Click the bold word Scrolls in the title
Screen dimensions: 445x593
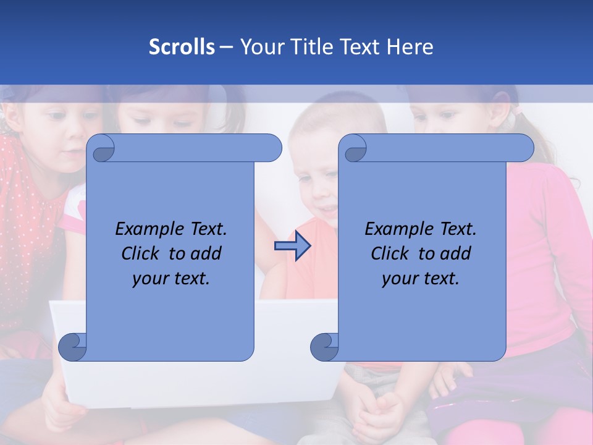click(182, 47)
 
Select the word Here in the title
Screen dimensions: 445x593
click(410, 47)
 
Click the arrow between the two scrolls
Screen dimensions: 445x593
click(292, 246)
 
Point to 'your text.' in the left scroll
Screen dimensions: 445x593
click(171, 279)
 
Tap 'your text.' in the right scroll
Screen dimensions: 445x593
click(421, 279)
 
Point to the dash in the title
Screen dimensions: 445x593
click(226, 47)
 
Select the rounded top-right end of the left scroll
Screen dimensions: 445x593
click(272, 148)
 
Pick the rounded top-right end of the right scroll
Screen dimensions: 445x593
click(524, 148)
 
